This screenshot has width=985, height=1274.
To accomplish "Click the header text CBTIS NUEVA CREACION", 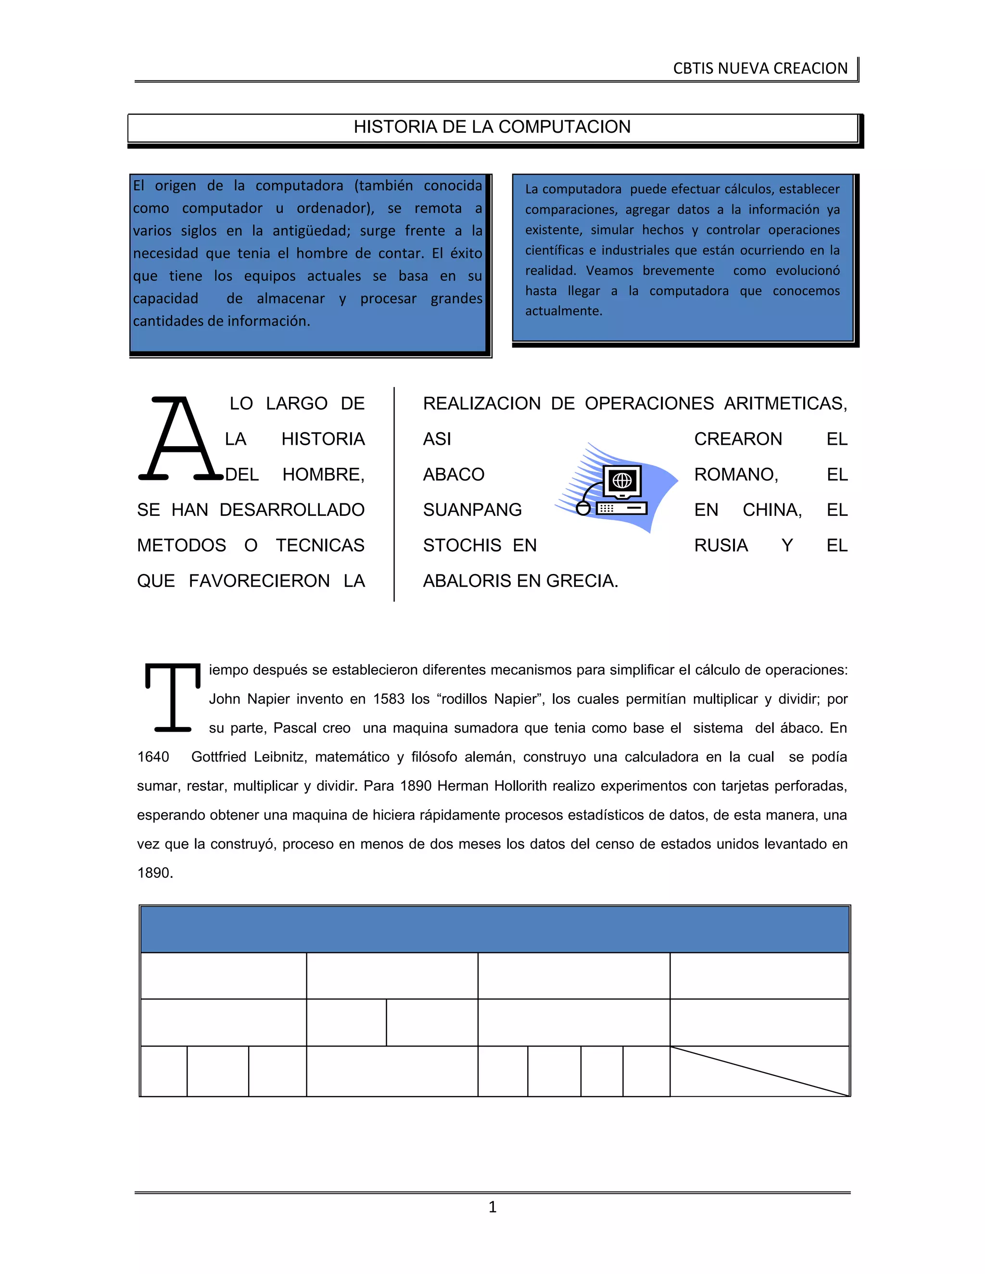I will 760,69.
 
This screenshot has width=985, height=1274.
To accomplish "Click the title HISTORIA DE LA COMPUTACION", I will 492,127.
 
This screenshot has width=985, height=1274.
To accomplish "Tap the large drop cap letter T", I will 173,697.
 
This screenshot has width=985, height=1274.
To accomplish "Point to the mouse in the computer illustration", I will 583,508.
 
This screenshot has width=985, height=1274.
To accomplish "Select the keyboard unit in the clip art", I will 621,509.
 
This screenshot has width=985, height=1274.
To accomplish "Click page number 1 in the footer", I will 492,1207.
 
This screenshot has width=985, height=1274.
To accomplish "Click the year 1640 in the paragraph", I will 153,757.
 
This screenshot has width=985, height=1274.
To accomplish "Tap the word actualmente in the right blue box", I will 563,311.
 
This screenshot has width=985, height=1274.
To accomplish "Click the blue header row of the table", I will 494,929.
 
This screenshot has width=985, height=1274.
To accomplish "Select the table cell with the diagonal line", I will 759,1071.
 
